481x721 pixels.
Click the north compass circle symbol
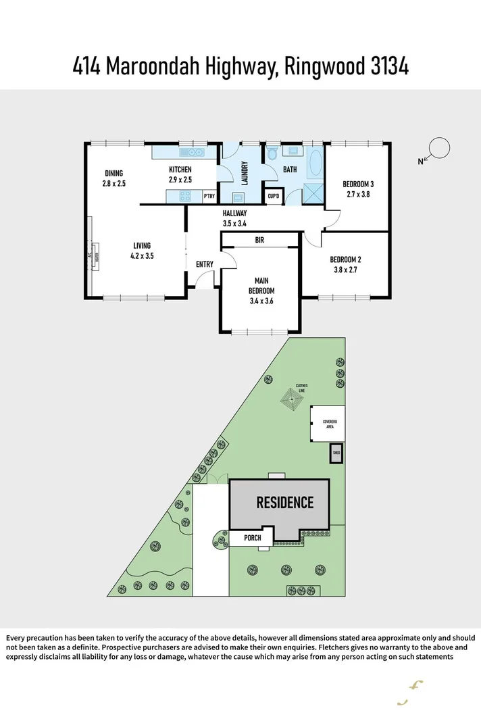coord(439,148)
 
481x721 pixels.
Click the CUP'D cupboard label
coord(274,197)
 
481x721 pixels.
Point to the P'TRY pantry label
coord(209,197)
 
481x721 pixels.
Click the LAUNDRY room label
coord(245,173)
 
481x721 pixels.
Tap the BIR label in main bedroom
coord(259,240)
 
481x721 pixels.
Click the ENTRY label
coord(205,264)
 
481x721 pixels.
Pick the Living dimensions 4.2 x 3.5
coord(142,256)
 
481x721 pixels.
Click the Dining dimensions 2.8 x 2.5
coord(114,183)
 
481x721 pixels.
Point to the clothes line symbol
coord(292,398)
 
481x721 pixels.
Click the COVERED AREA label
coord(330,424)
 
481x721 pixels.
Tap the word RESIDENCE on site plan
coord(284,502)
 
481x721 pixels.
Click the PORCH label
coord(253,538)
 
